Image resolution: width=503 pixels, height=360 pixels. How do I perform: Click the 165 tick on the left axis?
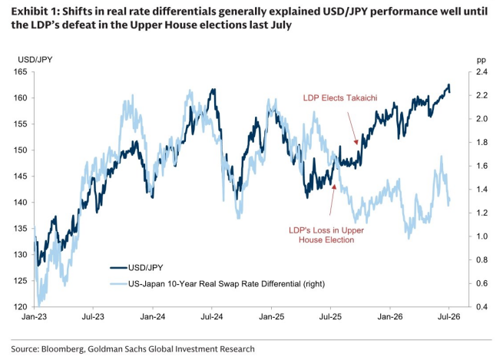[x=20, y=72]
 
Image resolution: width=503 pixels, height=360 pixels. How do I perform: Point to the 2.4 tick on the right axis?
[x=481, y=72]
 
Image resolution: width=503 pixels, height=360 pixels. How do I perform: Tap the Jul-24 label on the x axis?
[x=212, y=317]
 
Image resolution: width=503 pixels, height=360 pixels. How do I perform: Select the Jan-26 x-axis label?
[x=390, y=317]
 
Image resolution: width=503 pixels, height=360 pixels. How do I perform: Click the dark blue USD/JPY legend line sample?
[x=119, y=268]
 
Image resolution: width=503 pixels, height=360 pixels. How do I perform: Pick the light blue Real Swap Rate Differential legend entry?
[x=217, y=284]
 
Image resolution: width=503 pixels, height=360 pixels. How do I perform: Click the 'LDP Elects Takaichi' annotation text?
[x=340, y=97]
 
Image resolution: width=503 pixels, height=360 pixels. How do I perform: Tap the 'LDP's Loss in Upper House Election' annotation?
[x=326, y=235]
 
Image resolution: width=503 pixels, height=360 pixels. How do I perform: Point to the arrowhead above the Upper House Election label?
[x=334, y=187]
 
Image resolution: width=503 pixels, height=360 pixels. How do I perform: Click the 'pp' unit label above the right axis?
[x=481, y=60]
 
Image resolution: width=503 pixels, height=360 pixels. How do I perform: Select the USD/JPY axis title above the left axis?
[x=35, y=60]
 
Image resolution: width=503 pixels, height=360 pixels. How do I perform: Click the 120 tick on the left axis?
[x=20, y=307]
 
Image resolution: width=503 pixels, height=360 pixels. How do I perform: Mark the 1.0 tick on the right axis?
[x=481, y=236]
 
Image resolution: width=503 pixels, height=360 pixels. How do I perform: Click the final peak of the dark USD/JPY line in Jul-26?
[x=448, y=84]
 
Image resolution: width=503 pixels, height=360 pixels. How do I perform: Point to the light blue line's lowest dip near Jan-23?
[x=39, y=306]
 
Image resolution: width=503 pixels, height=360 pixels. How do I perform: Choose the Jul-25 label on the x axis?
[x=330, y=317]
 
